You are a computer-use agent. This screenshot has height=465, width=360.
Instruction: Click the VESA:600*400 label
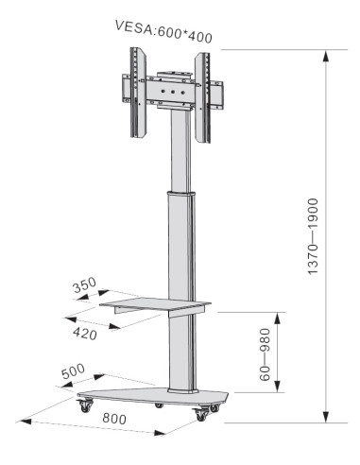coord(163,31)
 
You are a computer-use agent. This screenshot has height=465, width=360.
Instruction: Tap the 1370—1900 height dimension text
coord(313,236)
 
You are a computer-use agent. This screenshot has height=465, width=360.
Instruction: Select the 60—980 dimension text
coord(265,354)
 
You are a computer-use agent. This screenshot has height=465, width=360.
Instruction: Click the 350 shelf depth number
coord(84,284)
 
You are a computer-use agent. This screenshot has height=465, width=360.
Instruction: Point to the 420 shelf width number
coord(85,334)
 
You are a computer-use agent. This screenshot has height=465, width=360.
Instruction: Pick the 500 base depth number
coord(73,371)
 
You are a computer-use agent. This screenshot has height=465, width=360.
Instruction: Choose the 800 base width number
coord(114,419)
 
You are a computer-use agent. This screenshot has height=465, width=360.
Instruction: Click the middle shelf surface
coord(155,304)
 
